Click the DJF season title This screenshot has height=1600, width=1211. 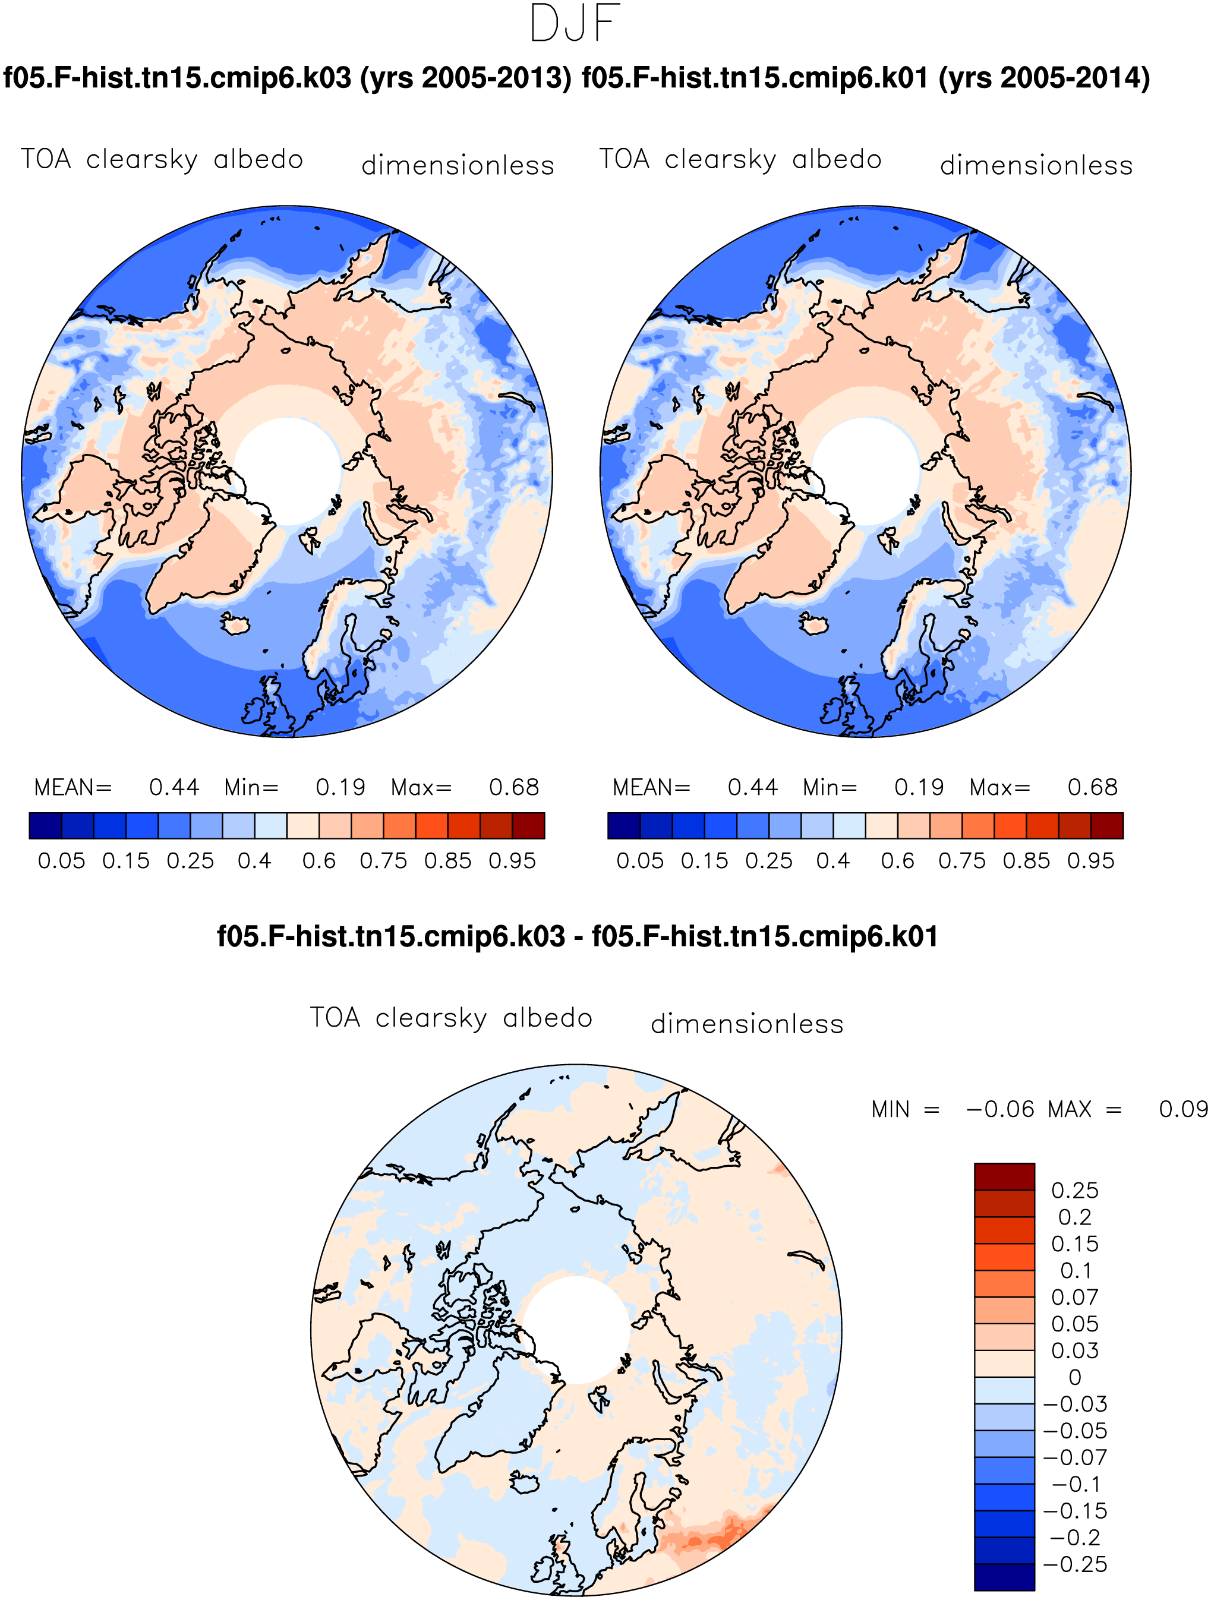pyautogui.click(x=575, y=23)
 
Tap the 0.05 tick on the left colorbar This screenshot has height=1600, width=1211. pyautogui.click(x=61, y=861)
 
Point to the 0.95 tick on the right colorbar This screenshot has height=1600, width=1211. pyautogui.click(x=1091, y=861)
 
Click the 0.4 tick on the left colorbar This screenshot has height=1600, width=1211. pyautogui.click(x=255, y=861)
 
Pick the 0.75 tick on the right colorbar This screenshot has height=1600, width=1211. pyautogui.click(x=962, y=861)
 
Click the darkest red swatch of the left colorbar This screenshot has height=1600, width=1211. pyautogui.click(x=529, y=825)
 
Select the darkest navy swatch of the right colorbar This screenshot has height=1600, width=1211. pyautogui.click(x=623, y=825)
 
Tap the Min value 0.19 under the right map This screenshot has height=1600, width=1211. pyautogui.click(x=919, y=787)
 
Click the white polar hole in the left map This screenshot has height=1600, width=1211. pyautogui.click(x=287, y=472)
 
